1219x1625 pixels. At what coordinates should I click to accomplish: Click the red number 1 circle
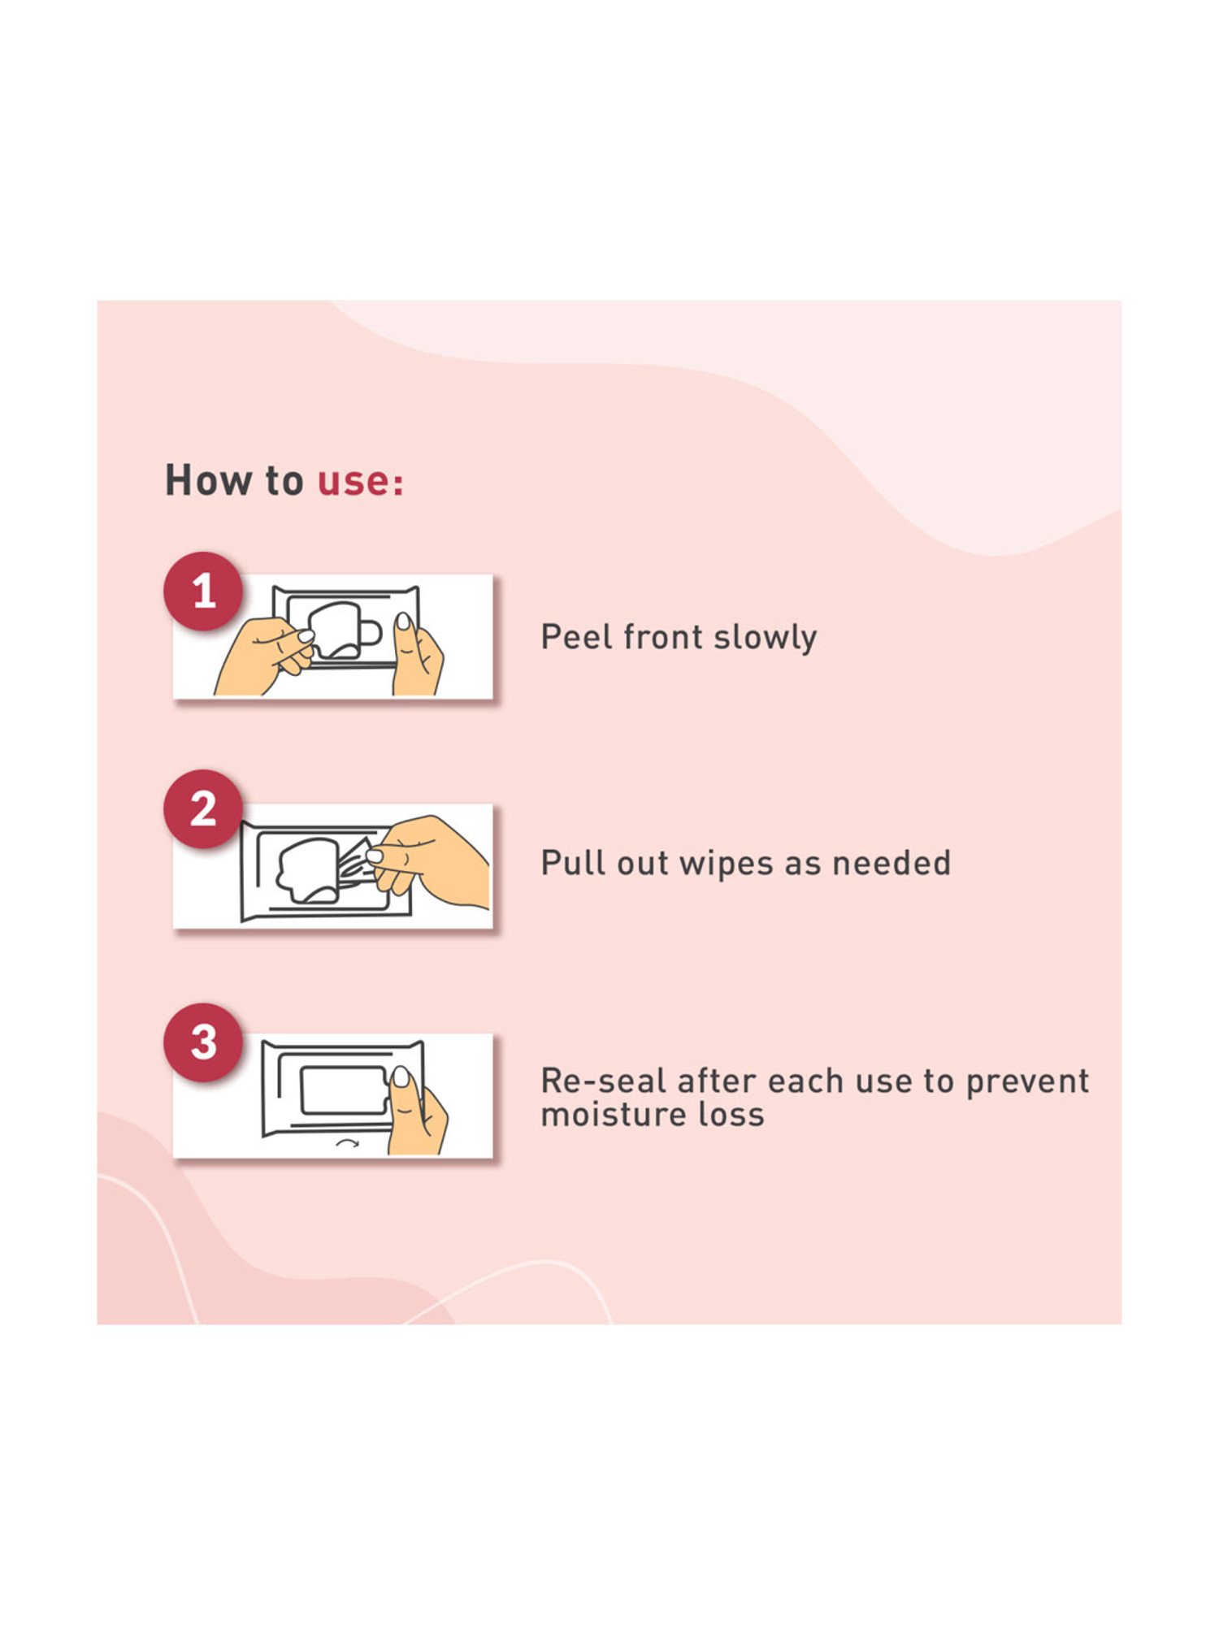pyautogui.click(x=203, y=591)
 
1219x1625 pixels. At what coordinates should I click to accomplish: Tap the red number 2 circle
pyautogui.click(x=203, y=809)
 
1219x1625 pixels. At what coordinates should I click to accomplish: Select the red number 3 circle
pyautogui.click(x=203, y=1042)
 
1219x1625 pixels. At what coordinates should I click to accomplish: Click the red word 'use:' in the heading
pyautogui.click(x=360, y=481)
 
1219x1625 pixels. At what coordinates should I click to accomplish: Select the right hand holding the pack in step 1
pyautogui.click(x=416, y=656)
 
